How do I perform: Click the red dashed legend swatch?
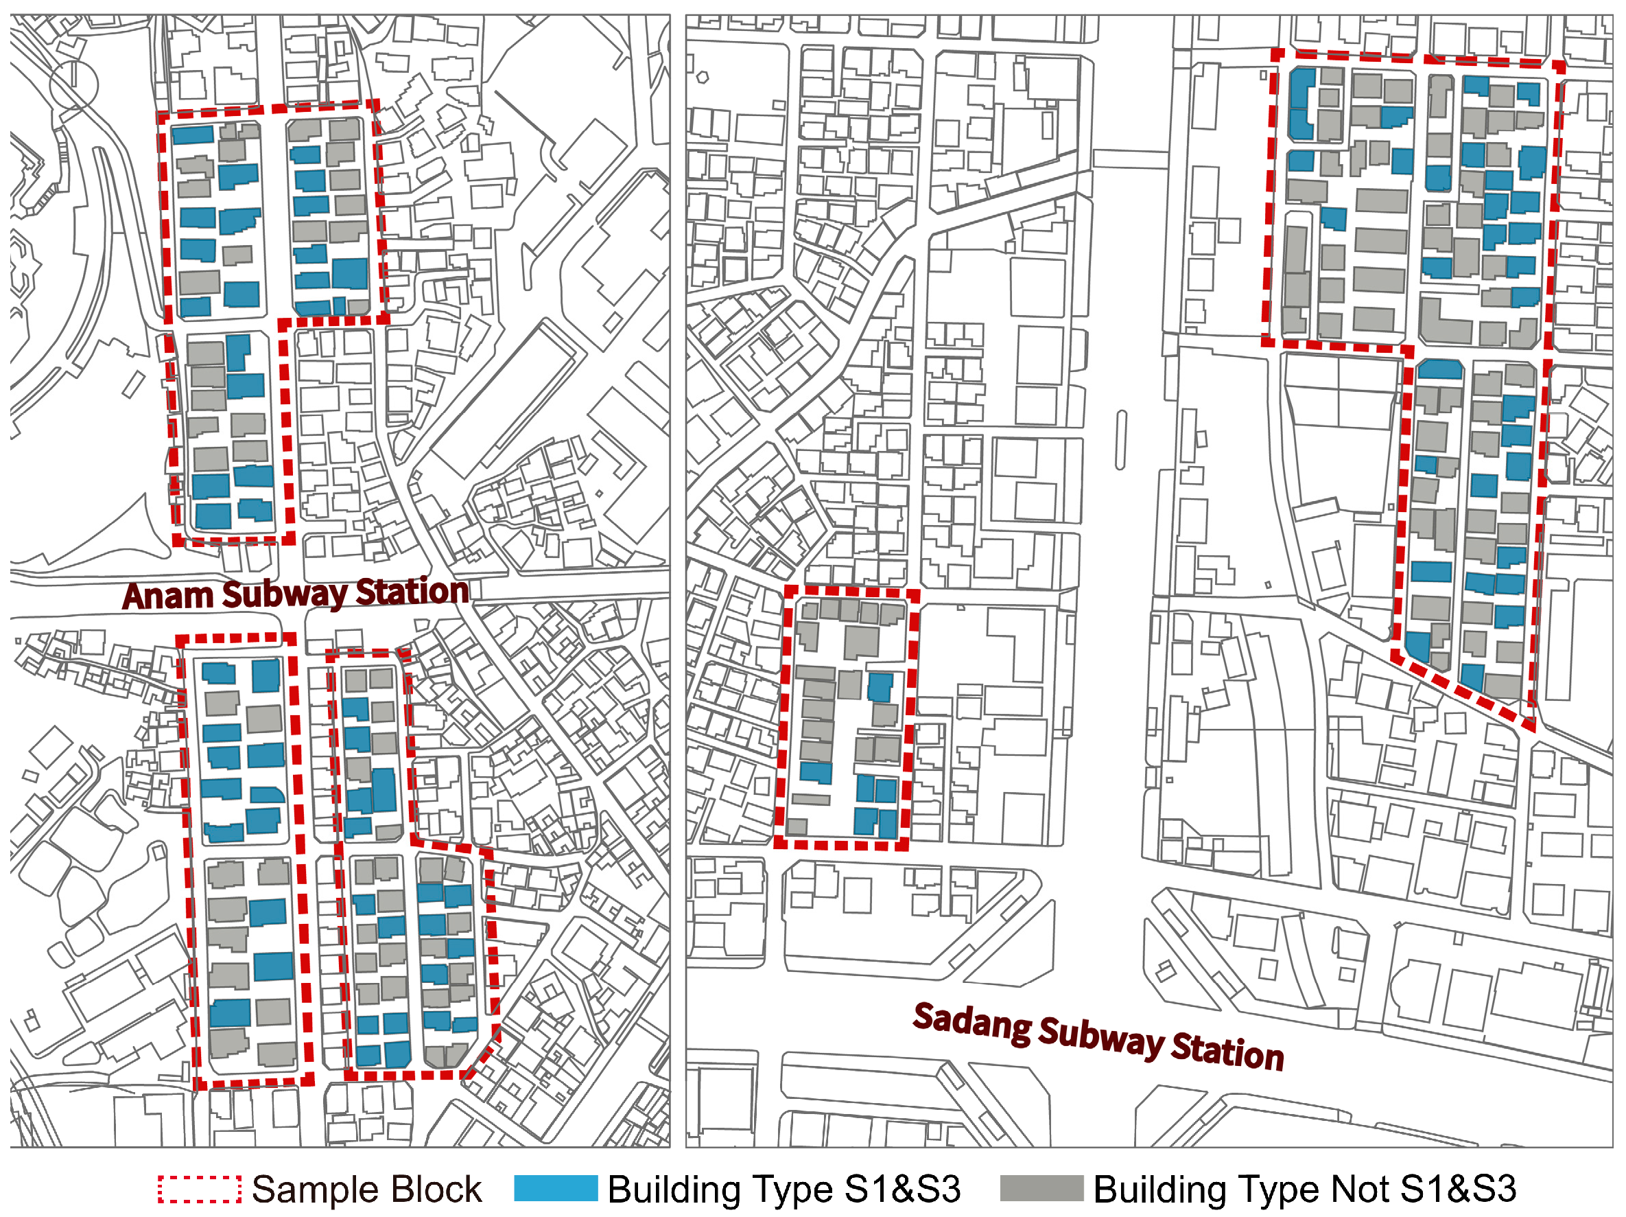[x=199, y=1189]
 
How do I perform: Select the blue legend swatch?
[x=556, y=1189]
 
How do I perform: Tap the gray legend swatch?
[x=1041, y=1189]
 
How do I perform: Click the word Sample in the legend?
[x=311, y=1190]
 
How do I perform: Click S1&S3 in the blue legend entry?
[x=902, y=1189]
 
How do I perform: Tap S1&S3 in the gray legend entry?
[x=1458, y=1189]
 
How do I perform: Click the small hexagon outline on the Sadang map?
[x=703, y=76]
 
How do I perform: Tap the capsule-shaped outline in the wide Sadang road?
[x=1121, y=440]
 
